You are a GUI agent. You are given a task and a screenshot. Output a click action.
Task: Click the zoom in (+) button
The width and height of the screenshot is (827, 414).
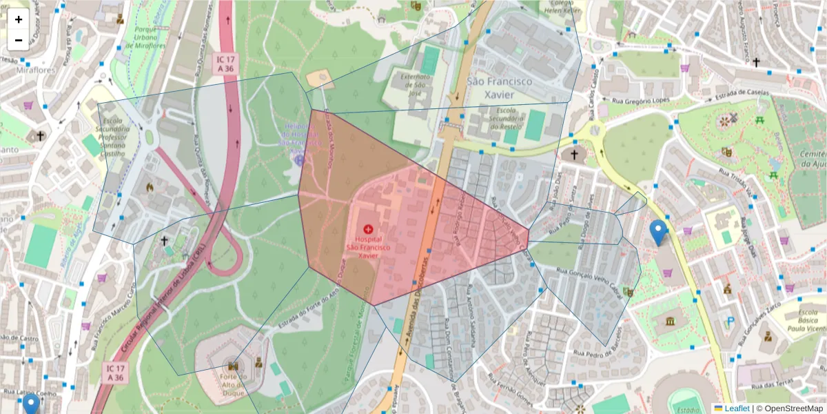click(19, 19)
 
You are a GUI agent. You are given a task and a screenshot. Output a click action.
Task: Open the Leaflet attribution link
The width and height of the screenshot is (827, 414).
click(737, 408)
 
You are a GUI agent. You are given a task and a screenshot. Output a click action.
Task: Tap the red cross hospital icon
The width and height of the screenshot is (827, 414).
click(368, 228)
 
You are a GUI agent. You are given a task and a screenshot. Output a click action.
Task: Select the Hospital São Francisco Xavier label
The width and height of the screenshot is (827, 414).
click(368, 246)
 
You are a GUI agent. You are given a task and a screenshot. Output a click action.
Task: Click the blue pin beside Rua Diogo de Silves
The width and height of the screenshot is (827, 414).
click(659, 232)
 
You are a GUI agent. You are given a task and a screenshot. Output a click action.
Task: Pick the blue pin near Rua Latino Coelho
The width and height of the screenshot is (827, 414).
click(30, 404)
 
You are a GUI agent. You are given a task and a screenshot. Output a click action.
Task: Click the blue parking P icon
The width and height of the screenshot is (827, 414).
click(731, 321)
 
